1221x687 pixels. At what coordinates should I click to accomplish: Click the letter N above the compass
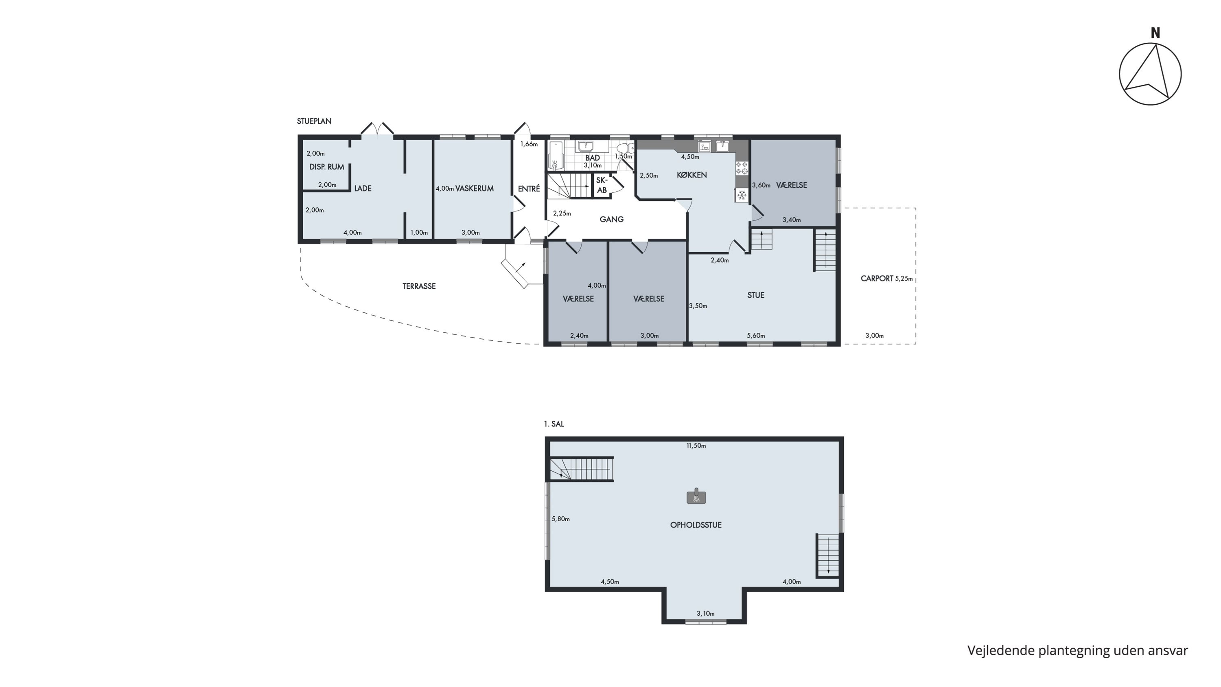(x=1155, y=33)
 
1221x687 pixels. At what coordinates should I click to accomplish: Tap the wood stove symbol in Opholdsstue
(x=696, y=496)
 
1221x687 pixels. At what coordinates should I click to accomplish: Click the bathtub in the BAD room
(x=555, y=155)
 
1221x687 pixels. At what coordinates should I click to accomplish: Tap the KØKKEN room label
(x=692, y=175)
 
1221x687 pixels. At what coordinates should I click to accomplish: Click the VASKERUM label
(x=475, y=188)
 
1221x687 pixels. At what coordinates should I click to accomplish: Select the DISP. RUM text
(x=326, y=167)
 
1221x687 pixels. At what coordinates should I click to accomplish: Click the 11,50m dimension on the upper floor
(x=696, y=446)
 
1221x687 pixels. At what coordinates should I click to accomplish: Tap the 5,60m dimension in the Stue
(x=756, y=336)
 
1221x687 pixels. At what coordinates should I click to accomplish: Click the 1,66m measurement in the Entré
(x=529, y=144)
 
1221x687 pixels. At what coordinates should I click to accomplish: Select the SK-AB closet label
(x=602, y=185)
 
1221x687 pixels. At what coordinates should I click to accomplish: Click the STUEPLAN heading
(x=314, y=121)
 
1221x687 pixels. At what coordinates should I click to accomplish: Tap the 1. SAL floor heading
(x=554, y=424)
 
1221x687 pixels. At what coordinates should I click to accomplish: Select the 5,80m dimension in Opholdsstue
(x=561, y=519)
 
